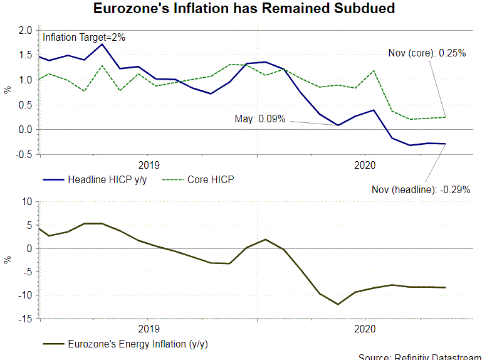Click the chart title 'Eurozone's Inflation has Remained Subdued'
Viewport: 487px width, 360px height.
click(x=244, y=9)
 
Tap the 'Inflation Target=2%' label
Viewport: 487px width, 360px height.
click(x=84, y=38)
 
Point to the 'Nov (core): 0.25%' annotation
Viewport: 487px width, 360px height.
click(x=426, y=53)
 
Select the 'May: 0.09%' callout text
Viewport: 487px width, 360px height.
click(x=260, y=119)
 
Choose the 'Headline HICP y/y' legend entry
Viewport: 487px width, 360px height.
click(x=100, y=179)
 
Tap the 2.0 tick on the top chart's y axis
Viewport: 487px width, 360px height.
click(x=25, y=30)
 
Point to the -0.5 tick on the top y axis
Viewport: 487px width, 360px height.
click(x=25, y=154)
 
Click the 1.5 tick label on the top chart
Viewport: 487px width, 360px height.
click(x=25, y=55)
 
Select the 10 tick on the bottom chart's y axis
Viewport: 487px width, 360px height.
click(x=27, y=202)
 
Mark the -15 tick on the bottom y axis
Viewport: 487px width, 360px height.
click(x=25, y=319)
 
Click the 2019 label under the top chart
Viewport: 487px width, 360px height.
click(x=148, y=165)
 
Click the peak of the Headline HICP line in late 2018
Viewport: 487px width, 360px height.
click(x=102, y=44)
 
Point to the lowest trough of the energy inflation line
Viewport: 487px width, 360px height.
click(x=338, y=304)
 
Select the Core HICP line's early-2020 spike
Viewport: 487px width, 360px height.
click(x=375, y=70)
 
